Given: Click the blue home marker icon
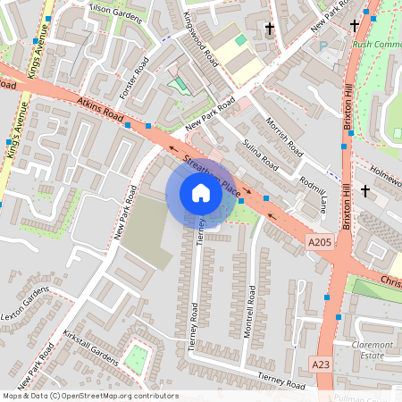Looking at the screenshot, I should coord(201,192).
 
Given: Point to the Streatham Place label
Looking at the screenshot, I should coord(211,176).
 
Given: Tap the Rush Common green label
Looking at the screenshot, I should coord(376,43).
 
